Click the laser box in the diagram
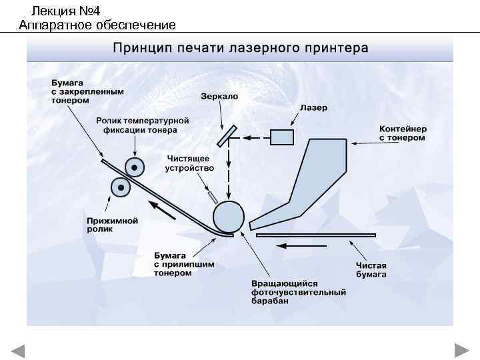point(281,137)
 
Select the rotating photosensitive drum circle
point(229,216)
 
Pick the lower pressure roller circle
point(121,187)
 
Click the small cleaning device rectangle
point(213,197)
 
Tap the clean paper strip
point(315,235)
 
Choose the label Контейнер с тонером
point(403,133)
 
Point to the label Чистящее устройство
point(187,163)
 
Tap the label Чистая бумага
point(371,269)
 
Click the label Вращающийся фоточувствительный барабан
point(298,292)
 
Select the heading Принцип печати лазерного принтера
point(240,48)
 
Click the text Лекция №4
point(65,11)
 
